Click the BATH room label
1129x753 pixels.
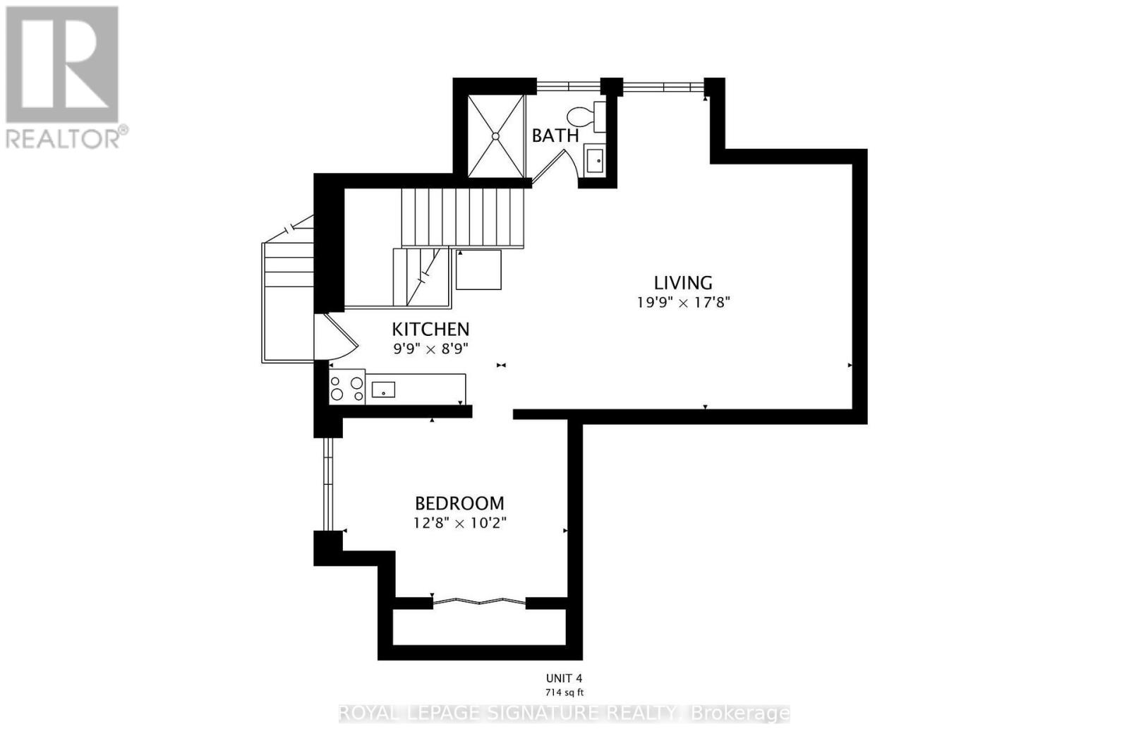pyautogui.click(x=555, y=135)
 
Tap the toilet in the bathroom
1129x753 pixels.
pyautogui.click(x=586, y=117)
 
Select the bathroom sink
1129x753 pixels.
pyautogui.click(x=595, y=160)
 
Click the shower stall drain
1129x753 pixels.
pyautogui.click(x=495, y=136)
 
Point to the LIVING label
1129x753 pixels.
pyautogui.click(x=683, y=283)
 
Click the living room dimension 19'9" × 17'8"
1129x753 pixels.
pyautogui.click(x=684, y=303)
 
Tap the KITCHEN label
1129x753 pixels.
pyautogui.click(x=430, y=329)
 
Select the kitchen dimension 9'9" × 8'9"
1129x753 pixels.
pyautogui.click(x=431, y=349)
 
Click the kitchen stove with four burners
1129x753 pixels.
pyautogui.click(x=347, y=387)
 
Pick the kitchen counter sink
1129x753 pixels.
pyautogui.click(x=383, y=390)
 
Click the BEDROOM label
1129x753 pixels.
pyautogui.click(x=459, y=503)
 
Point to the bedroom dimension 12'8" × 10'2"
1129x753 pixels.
pyautogui.click(x=459, y=523)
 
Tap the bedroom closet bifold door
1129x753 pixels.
pyautogui.click(x=479, y=601)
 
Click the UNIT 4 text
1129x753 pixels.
pyautogui.click(x=564, y=678)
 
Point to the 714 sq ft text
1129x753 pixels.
pyautogui.click(x=564, y=692)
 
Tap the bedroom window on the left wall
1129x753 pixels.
pyautogui.click(x=328, y=484)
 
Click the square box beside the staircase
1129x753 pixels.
pyautogui.click(x=478, y=270)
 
